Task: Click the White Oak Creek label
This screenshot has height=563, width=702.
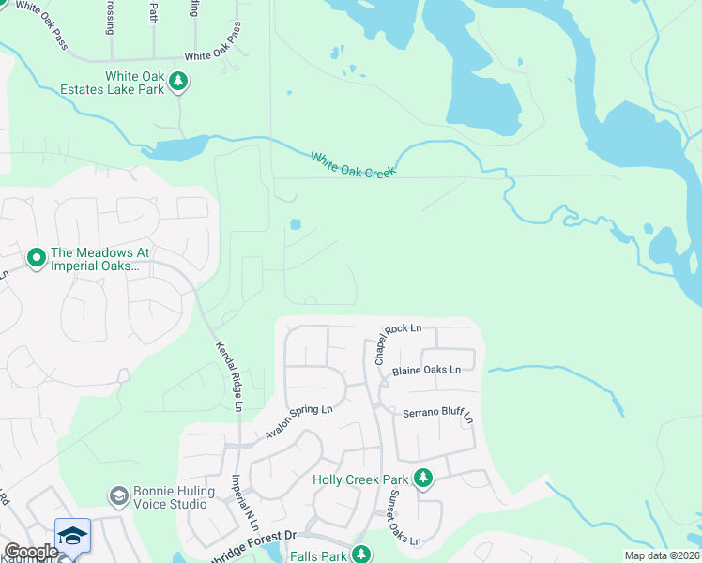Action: [353, 164]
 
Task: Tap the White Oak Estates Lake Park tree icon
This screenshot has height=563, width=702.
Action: [178, 83]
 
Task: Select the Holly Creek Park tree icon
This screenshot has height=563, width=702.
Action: [423, 479]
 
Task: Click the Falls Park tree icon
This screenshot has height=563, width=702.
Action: [360, 555]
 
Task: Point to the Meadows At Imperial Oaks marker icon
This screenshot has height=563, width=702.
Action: [37, 256]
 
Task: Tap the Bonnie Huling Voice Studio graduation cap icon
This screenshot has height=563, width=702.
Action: [118, 495]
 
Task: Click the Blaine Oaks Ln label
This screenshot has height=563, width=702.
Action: [427, 370]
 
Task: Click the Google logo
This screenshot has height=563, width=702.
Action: [30, 552]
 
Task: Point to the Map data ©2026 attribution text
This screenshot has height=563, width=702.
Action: [662, 555]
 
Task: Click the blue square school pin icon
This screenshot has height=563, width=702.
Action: [72, 536]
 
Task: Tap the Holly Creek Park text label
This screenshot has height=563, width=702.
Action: [360, 479]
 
